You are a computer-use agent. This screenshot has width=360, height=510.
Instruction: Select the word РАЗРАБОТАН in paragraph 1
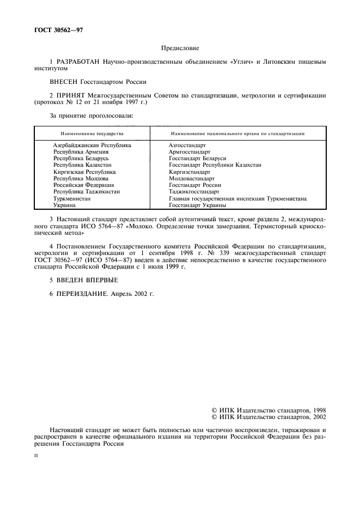[81, 62]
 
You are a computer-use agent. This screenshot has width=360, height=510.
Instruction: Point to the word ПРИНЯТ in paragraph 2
[74, 95]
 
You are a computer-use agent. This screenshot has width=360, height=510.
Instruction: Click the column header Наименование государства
[91, 133]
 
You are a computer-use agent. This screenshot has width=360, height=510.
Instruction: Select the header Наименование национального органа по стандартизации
[237, 133]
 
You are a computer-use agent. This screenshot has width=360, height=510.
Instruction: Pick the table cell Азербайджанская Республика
[92, 145]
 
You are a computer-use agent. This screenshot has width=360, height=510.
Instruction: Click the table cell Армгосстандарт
[190, 152]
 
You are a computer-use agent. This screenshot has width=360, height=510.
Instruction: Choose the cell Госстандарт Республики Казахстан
[215, 165]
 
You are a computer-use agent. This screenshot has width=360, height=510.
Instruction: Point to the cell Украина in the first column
[65, 205]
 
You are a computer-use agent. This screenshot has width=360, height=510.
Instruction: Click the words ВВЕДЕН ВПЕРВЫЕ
[88, 280]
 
